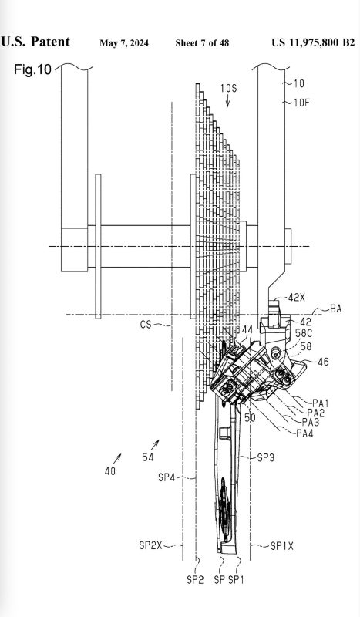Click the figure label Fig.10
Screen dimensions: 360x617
32,69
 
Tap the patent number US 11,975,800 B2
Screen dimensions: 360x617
313,42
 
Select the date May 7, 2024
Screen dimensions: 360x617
124,43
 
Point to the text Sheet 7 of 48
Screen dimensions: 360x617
202,43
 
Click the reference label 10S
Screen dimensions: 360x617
228,88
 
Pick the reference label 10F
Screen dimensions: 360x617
301,103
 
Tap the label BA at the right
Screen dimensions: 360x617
335,309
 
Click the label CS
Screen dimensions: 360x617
146,325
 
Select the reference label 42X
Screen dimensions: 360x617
296,298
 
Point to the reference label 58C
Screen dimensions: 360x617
304,333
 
